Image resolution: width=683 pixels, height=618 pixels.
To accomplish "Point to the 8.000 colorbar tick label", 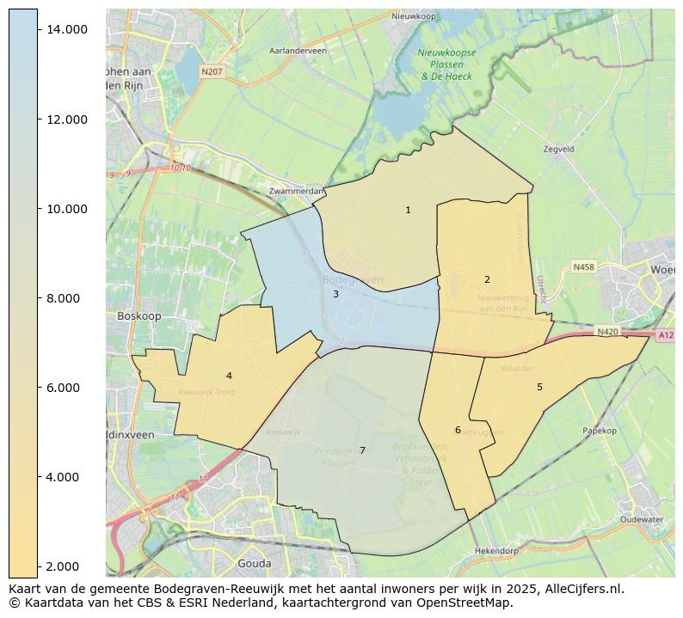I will pyautogui.click(x=68, y=298).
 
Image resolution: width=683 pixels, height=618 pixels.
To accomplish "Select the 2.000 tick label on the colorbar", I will pyautogui.click(x=68, y=566).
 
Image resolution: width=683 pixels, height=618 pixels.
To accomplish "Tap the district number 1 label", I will pyautogui.click(x=408, y=210).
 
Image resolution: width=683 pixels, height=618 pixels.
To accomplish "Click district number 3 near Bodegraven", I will pyautogui.click(x=335, y=294).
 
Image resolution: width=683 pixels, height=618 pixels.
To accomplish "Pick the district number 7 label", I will pyautogui.click(x=362, y=450).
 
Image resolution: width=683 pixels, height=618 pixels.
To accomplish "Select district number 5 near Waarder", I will pyautogui.click(x=539, y=387).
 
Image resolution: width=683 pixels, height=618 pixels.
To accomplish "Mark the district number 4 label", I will pyautogui.click(x=229, y=376).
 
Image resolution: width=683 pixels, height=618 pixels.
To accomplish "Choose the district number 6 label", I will pyautogui.click(x=458, y=430).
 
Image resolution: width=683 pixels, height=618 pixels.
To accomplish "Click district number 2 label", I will pyautogui.click(x=487, y=279).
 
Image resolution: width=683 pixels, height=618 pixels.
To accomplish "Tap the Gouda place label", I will pyautogui.click(x=253, y=564).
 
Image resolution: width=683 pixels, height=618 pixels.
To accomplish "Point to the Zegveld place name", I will pyautogui.click(x=558, y=149).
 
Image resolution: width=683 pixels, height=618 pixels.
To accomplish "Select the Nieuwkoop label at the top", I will pyautogui.click(x=413, y=16).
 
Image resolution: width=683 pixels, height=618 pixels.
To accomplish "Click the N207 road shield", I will pyautogui.click(x=212, y=71).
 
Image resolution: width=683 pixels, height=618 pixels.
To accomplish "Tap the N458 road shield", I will pyautogui.click(x=584, y=267).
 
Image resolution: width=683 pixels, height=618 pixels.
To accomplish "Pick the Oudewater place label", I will pyautogui.click(x=642, y=519).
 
